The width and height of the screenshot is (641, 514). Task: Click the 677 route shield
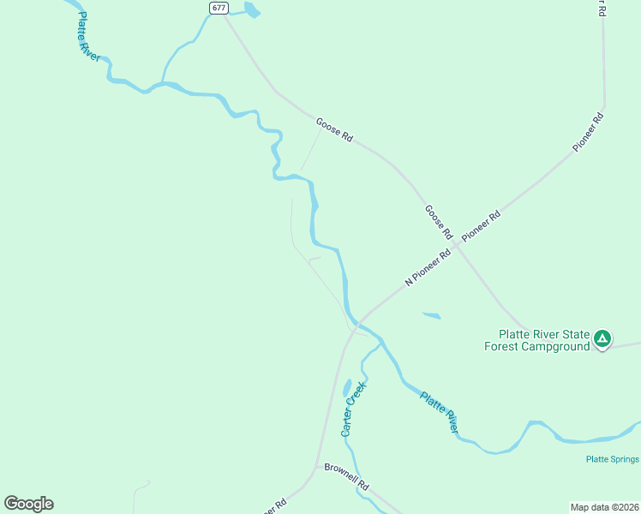click(219, 8)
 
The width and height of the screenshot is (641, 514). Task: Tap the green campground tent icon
click(603, 338)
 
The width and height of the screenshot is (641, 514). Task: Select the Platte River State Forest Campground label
click(544, 340)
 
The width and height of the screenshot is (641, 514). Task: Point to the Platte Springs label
click(613, 459)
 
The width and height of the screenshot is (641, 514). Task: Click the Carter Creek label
click(353, 410)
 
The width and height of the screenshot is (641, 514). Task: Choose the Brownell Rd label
click(346, 476)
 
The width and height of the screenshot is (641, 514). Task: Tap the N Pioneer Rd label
click(428, 267)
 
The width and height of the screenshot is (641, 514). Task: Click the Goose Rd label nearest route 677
click(334, 129)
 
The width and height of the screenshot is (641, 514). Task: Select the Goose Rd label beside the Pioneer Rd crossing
click(438, 221)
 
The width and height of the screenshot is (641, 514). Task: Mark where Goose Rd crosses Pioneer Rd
click(457, 245)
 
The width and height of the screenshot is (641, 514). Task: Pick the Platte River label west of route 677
click(89, 36)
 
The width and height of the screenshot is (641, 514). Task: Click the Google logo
click(28, 504)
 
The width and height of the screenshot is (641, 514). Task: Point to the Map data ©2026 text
click(604, 506)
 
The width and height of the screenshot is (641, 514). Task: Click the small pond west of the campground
click(431, 315)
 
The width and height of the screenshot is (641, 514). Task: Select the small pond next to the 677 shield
click(252, 10)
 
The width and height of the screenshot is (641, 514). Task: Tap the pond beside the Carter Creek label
click(346, 387)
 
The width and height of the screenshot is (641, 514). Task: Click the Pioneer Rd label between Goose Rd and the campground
click(481, 225)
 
